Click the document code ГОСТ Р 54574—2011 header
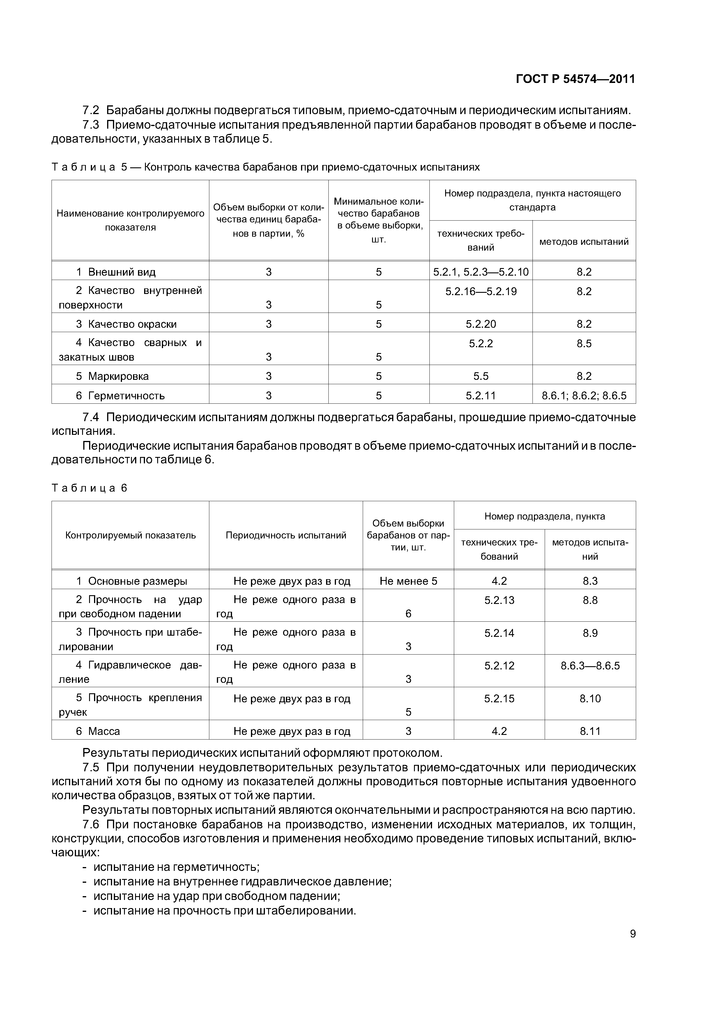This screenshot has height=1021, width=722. tap(575, 79)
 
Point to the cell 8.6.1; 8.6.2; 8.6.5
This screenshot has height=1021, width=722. tap(584, 395)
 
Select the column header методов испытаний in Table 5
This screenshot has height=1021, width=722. tap(584, 242)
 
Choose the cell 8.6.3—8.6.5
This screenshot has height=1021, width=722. tap(590, 666)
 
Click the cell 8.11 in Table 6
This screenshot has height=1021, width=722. tap(590, 731)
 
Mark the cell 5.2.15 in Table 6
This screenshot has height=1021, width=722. tap(499, 698)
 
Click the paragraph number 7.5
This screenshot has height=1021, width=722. tap(91, 767)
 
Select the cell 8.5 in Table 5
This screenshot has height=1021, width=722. tap(584, 343)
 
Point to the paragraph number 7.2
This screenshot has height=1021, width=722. tap(91, 110)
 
